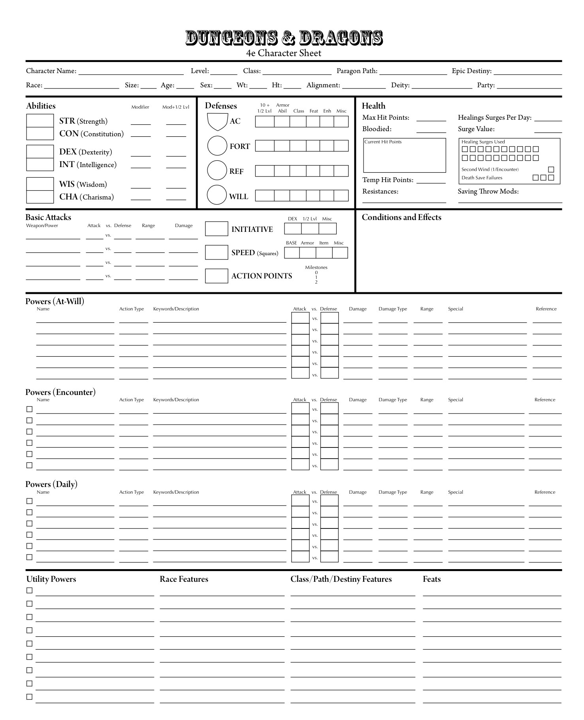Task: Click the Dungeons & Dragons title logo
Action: pos(284,38)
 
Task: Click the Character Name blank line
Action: pos(131,72)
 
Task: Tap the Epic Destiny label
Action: pos(471,71)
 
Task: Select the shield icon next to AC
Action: pos(217,122)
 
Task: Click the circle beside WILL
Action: pos(217,195)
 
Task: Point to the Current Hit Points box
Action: pos(404,155)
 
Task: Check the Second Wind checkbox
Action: pos(551,169)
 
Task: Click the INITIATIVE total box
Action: pos(217,229)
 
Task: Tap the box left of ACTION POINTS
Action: pos(217,276)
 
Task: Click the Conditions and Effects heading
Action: pos(401,217)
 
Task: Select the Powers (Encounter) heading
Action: pos(60,392)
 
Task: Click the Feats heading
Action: pos(431,579)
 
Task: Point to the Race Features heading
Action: pos(184,579)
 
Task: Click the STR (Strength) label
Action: pos(83,121)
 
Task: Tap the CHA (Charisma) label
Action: pos(86,197)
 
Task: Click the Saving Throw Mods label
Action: pos(488,192)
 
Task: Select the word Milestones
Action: pos(316,267)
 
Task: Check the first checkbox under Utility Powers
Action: pos(29,590)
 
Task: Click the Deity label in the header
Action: pos(400,85)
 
